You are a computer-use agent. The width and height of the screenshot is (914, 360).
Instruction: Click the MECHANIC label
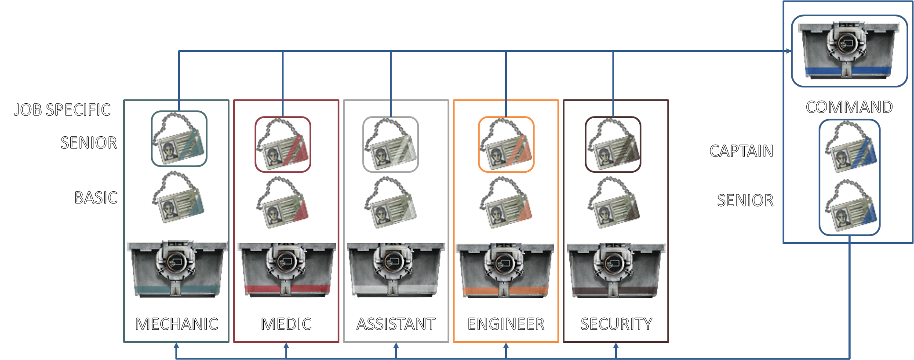click(x=177, y=324)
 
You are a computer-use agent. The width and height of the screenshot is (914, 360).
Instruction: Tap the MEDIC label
click(x=286, y=324)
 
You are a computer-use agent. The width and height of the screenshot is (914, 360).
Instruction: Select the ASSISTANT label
click(x=396, y=324)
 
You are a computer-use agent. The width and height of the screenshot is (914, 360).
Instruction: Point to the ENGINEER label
click(x=506, y=324)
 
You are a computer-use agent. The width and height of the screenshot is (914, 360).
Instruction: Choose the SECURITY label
click(x=616, y=324)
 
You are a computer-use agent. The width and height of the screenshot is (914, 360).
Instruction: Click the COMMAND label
click(x=849, y=107)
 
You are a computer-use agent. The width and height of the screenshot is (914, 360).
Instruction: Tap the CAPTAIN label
click(x=741, y=151)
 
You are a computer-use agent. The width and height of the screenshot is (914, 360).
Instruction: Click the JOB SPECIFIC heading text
click(x=62, y=109)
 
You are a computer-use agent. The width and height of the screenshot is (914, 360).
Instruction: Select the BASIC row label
click(x=96, y=197)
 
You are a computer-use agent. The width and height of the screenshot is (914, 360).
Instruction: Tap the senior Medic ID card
click(x=283, y=144)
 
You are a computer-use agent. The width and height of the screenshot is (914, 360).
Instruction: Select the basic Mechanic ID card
click(x=178, y=197)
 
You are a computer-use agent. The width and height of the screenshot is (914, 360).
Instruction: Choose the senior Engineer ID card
click(x=506, y=144)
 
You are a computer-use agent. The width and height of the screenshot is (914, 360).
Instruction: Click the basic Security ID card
click(x=614, y=202)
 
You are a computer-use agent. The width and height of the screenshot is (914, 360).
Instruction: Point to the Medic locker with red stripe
click(x=287, y=269)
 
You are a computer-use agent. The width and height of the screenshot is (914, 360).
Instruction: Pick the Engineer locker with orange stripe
click(x=505, y=269)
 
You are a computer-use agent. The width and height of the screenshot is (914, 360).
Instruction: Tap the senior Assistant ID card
click(x=390, y=144)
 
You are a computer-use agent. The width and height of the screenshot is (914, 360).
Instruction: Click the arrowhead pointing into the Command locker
click(x=789, y=51)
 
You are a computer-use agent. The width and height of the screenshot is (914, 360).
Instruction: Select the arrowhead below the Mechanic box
click(x=176, y=345)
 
